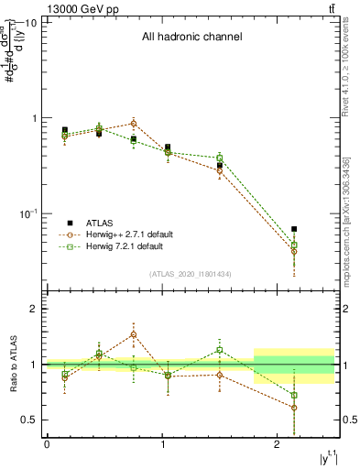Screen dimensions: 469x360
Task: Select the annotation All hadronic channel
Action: click(191, 38)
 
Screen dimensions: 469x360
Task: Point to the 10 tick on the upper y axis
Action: click(31, 23)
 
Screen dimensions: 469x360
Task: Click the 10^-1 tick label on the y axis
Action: click(27, 213)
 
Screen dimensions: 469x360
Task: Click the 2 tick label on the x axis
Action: click(278, 445)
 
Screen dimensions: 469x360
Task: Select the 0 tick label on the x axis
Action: click(47, 445)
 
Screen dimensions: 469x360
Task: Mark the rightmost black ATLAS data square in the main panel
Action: click(294, 229)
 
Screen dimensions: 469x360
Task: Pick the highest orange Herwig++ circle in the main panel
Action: click(134, 123)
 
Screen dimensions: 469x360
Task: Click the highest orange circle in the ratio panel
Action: click(134, 334)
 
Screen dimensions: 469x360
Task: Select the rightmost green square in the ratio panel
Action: click(294, 396)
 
